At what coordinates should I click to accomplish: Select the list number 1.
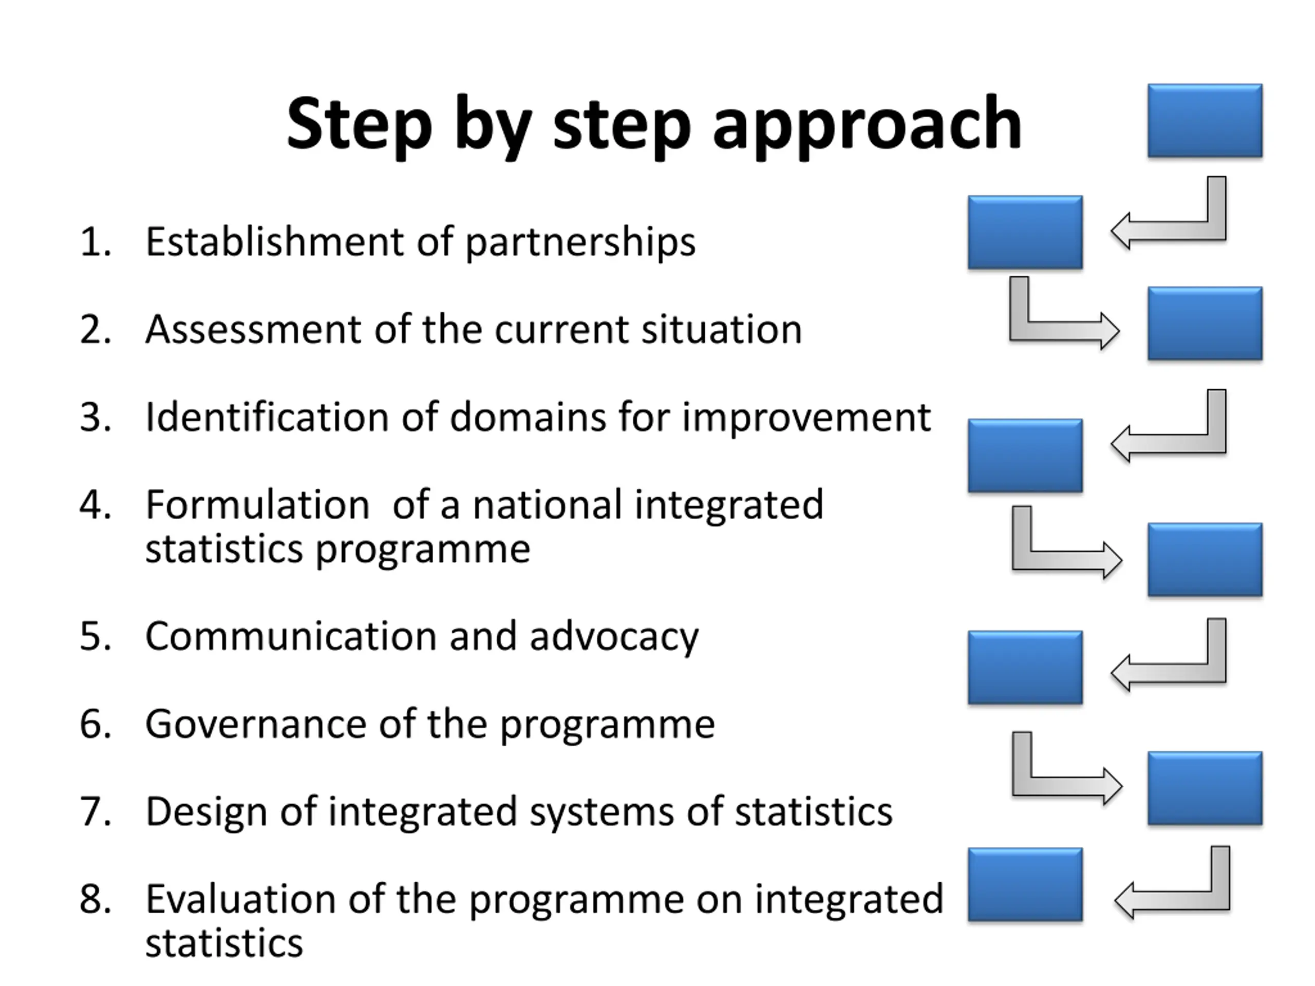tap(95, 242)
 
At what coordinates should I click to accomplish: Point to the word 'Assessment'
tap(253, 330)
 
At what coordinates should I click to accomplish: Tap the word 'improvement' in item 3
tap(806, 419)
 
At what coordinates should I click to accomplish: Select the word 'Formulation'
tap(257, 505)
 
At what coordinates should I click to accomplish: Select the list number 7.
tap(95, 812)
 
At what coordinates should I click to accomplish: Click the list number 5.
tap(95, 636)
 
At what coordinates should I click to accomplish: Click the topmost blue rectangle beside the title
tap(1205, 121)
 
